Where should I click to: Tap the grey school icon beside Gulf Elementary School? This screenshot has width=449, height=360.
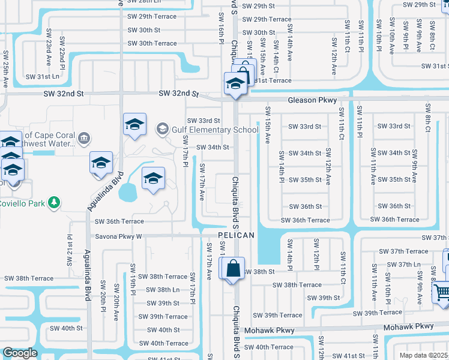[162, 129]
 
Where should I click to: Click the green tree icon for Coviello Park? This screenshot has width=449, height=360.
[55, 202]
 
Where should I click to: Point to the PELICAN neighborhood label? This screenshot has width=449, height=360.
[236, 235]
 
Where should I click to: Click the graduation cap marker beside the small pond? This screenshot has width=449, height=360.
[153, 178]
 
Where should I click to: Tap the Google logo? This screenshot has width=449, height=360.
[20, 353]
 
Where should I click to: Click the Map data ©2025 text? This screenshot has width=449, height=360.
[423, 355]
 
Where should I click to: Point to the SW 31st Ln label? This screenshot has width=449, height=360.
[39, 76]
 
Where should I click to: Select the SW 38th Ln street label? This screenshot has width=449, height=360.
[159, 290]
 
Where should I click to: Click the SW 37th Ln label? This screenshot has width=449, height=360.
[408, 265]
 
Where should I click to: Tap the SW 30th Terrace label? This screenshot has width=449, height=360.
[152, 43]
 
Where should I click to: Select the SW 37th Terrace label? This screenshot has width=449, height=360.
[408, 251]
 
